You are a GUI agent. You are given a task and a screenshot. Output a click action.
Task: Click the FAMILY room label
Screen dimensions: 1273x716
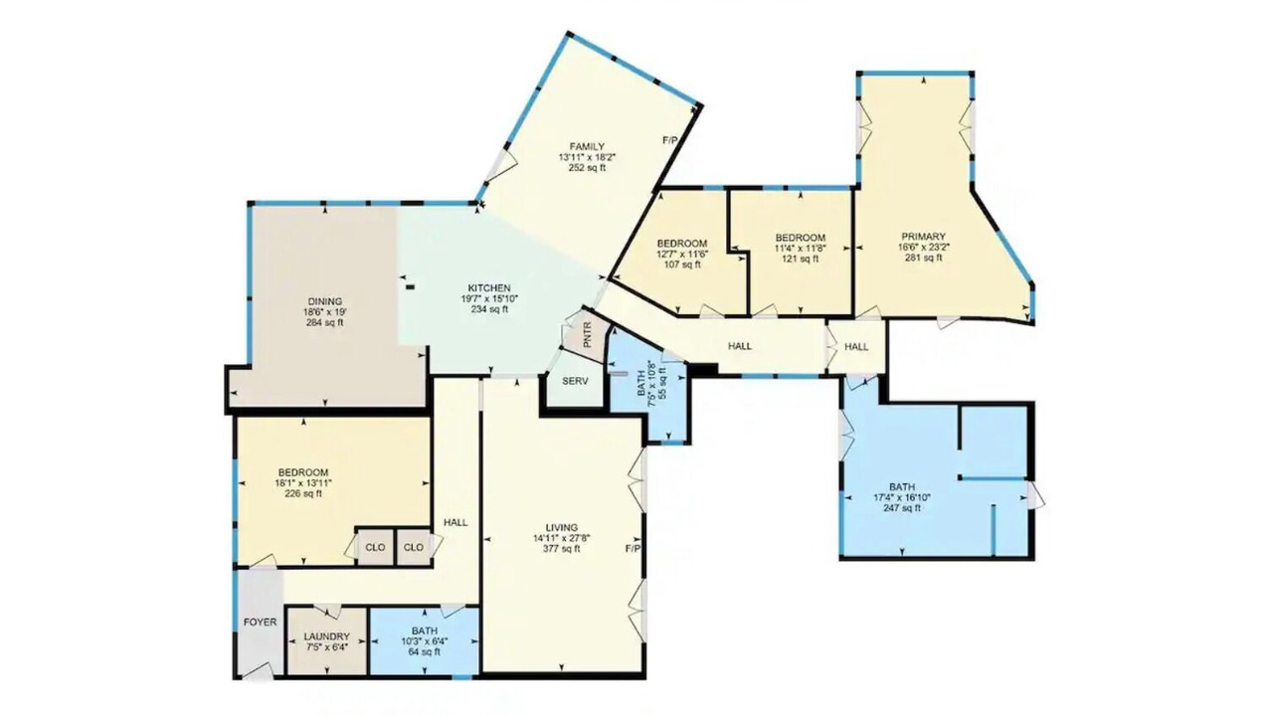pyautogui.click(x=587, y=146)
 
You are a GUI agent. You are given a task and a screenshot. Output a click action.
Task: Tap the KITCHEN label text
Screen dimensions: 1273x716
pyautogui.click(x=489, y=288)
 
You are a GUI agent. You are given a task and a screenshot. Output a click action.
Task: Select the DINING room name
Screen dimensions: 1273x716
pyautogui.click(x=325, y=301)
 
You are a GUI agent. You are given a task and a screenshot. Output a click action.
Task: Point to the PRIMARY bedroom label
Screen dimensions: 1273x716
pyautogui.click(x=924, y=237)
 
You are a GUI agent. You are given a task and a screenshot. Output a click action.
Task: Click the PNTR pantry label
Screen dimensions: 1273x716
pyautogui.click(x=588, y=335)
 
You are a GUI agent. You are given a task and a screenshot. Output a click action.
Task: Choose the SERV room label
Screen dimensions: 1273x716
pyautogui.click(x=575, y=381)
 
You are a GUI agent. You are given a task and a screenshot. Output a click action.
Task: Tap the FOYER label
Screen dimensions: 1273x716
pyautogui.click(x=261, y=623)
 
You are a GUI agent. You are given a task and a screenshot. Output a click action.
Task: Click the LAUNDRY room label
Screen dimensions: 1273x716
pyautogui.click(x=327, y=636)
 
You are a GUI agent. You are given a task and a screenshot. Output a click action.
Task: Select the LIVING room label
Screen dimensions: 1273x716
pyautogui.click(x=562, y=527)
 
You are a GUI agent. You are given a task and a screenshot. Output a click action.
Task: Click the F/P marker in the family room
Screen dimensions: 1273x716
pyautogui.click(x=670, y=140)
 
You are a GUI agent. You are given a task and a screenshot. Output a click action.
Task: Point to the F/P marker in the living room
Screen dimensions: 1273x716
pyautogui.click(x=634, y=548)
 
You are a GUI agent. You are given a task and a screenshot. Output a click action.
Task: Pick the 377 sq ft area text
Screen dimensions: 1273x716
pyautogui.click(x=562, y=549)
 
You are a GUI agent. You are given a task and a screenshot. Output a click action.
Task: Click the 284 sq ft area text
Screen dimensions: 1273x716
pyautogui.click(x=325, y=323)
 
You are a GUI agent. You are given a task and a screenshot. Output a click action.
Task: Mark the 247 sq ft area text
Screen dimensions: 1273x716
pyautogui.click(x=902, y=508)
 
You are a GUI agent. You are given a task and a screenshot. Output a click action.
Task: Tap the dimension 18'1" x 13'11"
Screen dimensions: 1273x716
pyautogui.click(x=303, y=483)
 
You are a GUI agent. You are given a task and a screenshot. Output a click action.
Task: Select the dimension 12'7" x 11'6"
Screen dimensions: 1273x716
pyautogui.click(x=682, y=254)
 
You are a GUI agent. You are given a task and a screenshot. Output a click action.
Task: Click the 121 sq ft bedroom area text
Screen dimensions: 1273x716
pyautogui.click(x=801, y=259)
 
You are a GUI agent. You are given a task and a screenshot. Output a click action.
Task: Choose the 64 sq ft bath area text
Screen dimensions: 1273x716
pyautogui.click(x=425, y=651)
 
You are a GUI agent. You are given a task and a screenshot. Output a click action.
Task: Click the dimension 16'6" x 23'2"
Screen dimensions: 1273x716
pyautogui.click(x=924, y=247)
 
